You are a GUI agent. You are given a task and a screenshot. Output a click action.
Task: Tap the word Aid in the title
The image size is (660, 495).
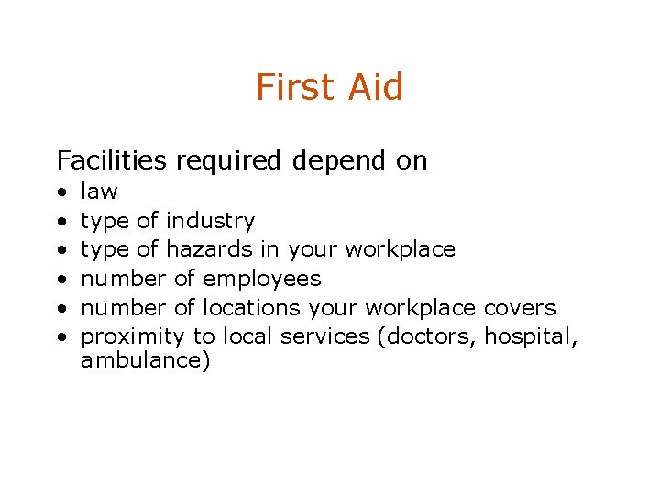pos(376,87)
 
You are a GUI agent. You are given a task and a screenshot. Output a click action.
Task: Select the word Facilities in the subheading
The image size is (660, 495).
pos(112,160)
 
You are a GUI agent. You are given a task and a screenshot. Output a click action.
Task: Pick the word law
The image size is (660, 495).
pos(99,191)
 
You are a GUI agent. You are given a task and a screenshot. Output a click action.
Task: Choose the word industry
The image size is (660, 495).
pos(210,221)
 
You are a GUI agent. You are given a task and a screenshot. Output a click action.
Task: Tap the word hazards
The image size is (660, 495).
pos(208,249)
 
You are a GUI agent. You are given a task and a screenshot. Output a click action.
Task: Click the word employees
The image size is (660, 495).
pos(261,279)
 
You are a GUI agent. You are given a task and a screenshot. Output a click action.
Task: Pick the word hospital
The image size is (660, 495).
pos(531,336)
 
